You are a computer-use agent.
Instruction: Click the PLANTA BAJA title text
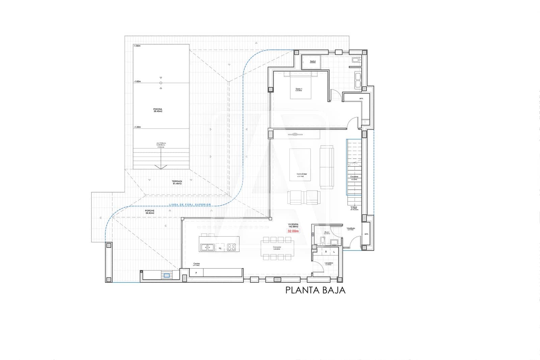(x=315, y=290)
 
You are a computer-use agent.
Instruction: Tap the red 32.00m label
(x=293, y=231)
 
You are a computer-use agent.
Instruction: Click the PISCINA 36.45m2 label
(x=158, y=110)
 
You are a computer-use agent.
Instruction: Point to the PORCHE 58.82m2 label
(x=150, y=212)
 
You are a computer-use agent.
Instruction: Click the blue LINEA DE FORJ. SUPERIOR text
(x=189, y=205)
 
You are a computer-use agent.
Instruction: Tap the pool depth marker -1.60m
(x=137, y=81)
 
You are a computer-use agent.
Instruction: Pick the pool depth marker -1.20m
(x=137, y=127)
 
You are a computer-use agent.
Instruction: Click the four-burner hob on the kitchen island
(x=231, y=247)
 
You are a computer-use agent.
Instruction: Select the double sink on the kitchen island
(x=208, y=247)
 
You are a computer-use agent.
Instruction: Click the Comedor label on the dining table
(x=277, y=248)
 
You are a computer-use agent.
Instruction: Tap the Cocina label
(x=196, y=264)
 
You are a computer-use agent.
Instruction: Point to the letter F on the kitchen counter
(x=196, y=272)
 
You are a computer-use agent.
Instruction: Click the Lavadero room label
(x=329, y=263)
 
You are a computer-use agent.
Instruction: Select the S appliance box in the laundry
(x=326, y=252)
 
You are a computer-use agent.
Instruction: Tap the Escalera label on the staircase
(x=354, y=177)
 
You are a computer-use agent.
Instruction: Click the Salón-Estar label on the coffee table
(x=300, y=174)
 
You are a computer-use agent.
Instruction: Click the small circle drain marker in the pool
(x=161, y=83)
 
